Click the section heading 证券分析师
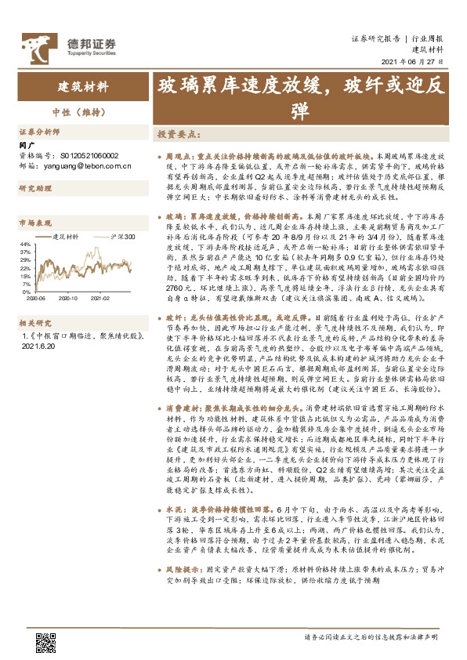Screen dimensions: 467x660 pos(36,132)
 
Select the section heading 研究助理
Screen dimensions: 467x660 pos(33,189)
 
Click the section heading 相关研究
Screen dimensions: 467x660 pos(33,344)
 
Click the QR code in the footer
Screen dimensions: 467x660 pos(46,642)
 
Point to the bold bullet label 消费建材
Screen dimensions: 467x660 pos(183,408)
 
